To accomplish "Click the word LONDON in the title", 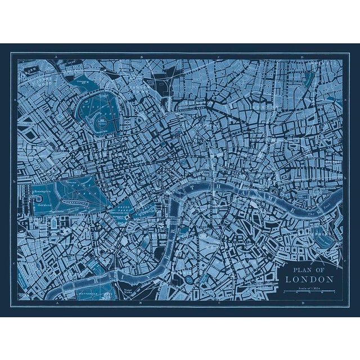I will pyautogui.click(x=309, y=279).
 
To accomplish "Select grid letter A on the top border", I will pyautogui.click(x=55, y=57).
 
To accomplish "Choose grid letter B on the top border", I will pyautogui.click(x=141, y=57).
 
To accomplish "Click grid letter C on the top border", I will pyautogui.click(x=218, y=57).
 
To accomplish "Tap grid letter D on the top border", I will pyautogui.click(x=302, y=57).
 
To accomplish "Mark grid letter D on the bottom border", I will pyautogui.click(x=302, y=302).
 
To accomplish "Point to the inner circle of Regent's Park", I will pyautogui.click(x=102, y=120).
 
